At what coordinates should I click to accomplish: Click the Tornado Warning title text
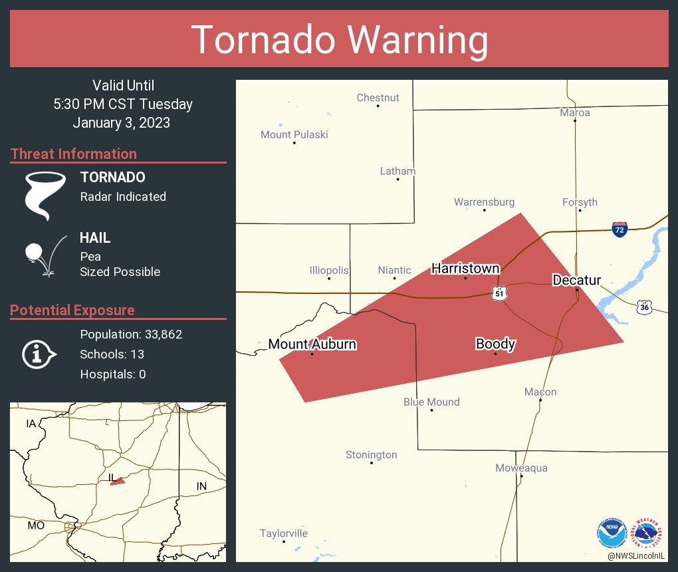pos(339,40)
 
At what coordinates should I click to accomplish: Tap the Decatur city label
pos(576,281)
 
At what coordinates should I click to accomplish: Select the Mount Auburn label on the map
pos(312,344)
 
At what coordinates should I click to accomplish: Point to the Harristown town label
pos(465,268)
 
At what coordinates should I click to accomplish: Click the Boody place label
pos(495,344)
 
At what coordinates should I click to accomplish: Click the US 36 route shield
pos(644,307)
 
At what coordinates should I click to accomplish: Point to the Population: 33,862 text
pos(131,334)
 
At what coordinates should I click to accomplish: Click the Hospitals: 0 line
pos(113,374)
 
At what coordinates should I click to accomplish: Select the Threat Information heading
pos(74,154)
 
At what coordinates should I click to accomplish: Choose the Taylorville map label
pos(284,533)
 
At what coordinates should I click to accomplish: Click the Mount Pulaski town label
pos(294,134)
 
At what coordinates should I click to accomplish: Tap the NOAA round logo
pos(612,533)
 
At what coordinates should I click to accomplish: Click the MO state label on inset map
pos(36,525)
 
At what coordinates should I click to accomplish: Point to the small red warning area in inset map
pos(118,481)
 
